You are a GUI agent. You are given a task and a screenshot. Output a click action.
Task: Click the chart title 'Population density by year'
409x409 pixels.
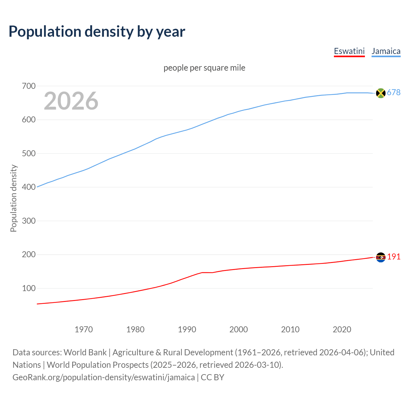click(97, 32)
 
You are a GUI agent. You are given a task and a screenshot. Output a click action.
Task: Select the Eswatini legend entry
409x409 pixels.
click(349, 51)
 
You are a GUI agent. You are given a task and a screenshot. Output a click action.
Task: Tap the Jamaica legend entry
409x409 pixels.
click(386, 51)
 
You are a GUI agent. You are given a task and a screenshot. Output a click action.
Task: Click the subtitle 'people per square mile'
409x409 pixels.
click(204, 68)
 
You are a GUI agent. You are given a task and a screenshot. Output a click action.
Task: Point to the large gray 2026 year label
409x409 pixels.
click(71, 101)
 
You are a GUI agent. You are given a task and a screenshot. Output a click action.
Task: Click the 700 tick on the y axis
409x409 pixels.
click(29, 86)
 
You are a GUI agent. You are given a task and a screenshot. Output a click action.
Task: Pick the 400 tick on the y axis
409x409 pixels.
click(29, 187)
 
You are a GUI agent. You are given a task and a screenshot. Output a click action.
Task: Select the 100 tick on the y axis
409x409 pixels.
click(29, 288)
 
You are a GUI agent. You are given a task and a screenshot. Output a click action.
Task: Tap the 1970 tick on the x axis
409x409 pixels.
click(84, 329)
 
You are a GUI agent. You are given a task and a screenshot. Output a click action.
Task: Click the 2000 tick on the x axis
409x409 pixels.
click(239, 329)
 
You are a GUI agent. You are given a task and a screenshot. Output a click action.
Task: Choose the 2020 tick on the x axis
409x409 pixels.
click(342, 329)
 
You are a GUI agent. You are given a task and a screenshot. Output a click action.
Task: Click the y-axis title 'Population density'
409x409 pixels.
click(13, 198)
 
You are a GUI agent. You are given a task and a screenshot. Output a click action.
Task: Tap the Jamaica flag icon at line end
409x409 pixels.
click(381, 93)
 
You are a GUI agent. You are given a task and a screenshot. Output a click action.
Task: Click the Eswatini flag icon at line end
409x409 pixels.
click(381, 257)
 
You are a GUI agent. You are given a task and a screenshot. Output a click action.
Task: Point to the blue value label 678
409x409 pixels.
click(394, 92)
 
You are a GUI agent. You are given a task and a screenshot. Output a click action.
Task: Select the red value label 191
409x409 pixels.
click(394, 257)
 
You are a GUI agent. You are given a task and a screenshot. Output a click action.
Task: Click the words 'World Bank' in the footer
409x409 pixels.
click(85, 352)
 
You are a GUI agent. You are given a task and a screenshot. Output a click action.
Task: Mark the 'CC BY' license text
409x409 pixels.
click(212, 377)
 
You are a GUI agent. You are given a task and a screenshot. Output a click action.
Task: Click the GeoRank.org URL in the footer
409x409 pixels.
click(104, 377)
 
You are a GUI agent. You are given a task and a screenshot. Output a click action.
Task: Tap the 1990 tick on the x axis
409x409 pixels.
click(187, 329)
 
